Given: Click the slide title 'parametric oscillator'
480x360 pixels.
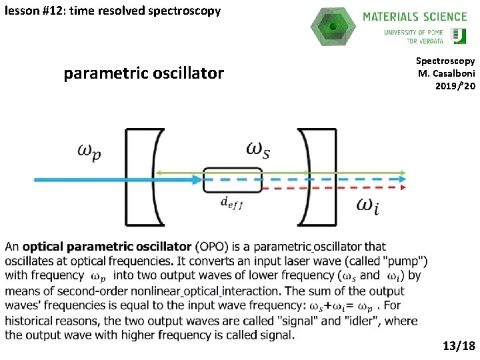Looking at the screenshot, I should point(143,73).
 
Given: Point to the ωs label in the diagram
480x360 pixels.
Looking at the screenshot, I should point(258,149).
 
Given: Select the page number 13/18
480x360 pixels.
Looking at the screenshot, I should point(459,345).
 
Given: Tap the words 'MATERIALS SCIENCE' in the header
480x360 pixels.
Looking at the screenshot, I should point(414,17).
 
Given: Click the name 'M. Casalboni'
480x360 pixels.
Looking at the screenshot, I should point(446,73).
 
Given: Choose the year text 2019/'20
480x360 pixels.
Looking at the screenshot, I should point(455,86).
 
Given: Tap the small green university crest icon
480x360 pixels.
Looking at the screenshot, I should point(458,36).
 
